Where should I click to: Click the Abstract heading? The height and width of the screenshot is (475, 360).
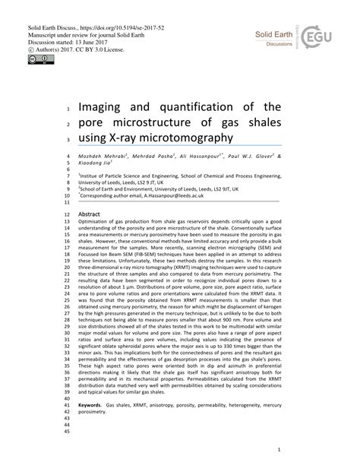pos(90,215)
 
